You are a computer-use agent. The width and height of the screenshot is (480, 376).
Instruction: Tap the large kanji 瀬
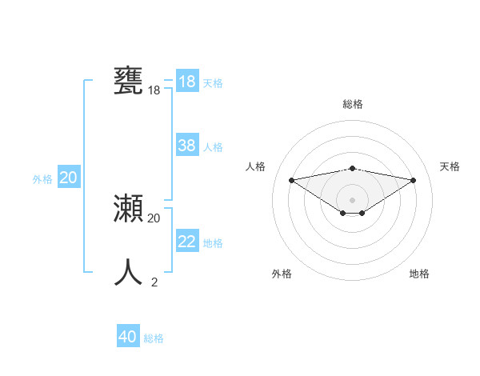(x=129, y=209)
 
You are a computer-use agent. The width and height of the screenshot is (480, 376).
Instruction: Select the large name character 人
(x=129, y=272)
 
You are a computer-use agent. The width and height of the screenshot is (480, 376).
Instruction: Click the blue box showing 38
(x=186, y=146)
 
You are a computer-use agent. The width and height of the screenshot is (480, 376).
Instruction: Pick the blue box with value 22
(x=186, y=242)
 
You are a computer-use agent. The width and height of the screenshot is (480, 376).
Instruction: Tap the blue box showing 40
(x=128, y=337)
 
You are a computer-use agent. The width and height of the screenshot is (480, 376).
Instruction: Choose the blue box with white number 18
(x=186, y=82)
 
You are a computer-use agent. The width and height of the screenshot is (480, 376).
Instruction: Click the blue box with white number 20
(x=68, y=178)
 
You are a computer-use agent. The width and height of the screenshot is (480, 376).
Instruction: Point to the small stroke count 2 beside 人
(x=154, y=282)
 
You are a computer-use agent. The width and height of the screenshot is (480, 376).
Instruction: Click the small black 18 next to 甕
(x=154, y=90)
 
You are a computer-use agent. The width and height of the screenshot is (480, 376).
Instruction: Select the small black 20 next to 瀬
(x=154, y=218)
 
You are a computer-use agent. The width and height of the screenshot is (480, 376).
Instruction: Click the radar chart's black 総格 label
(x=352, y=104)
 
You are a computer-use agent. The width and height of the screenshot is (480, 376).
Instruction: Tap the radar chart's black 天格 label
(x=450, y=166)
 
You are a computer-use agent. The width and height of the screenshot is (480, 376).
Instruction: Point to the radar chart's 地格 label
(x=419, y=274)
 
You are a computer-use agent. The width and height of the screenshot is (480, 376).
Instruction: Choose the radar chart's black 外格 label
(x=282, y=274)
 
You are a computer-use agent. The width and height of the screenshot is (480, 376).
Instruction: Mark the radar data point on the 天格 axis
(x=414, y=180)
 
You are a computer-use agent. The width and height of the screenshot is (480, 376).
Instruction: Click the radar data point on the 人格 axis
(x=291, y=179)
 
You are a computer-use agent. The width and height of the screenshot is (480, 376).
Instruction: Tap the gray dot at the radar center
(x=352, y=199)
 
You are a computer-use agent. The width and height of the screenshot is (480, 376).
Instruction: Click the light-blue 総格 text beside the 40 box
(x=154, y=338)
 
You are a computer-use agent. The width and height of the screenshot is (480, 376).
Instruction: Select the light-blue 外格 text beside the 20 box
(x=42, y=179)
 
